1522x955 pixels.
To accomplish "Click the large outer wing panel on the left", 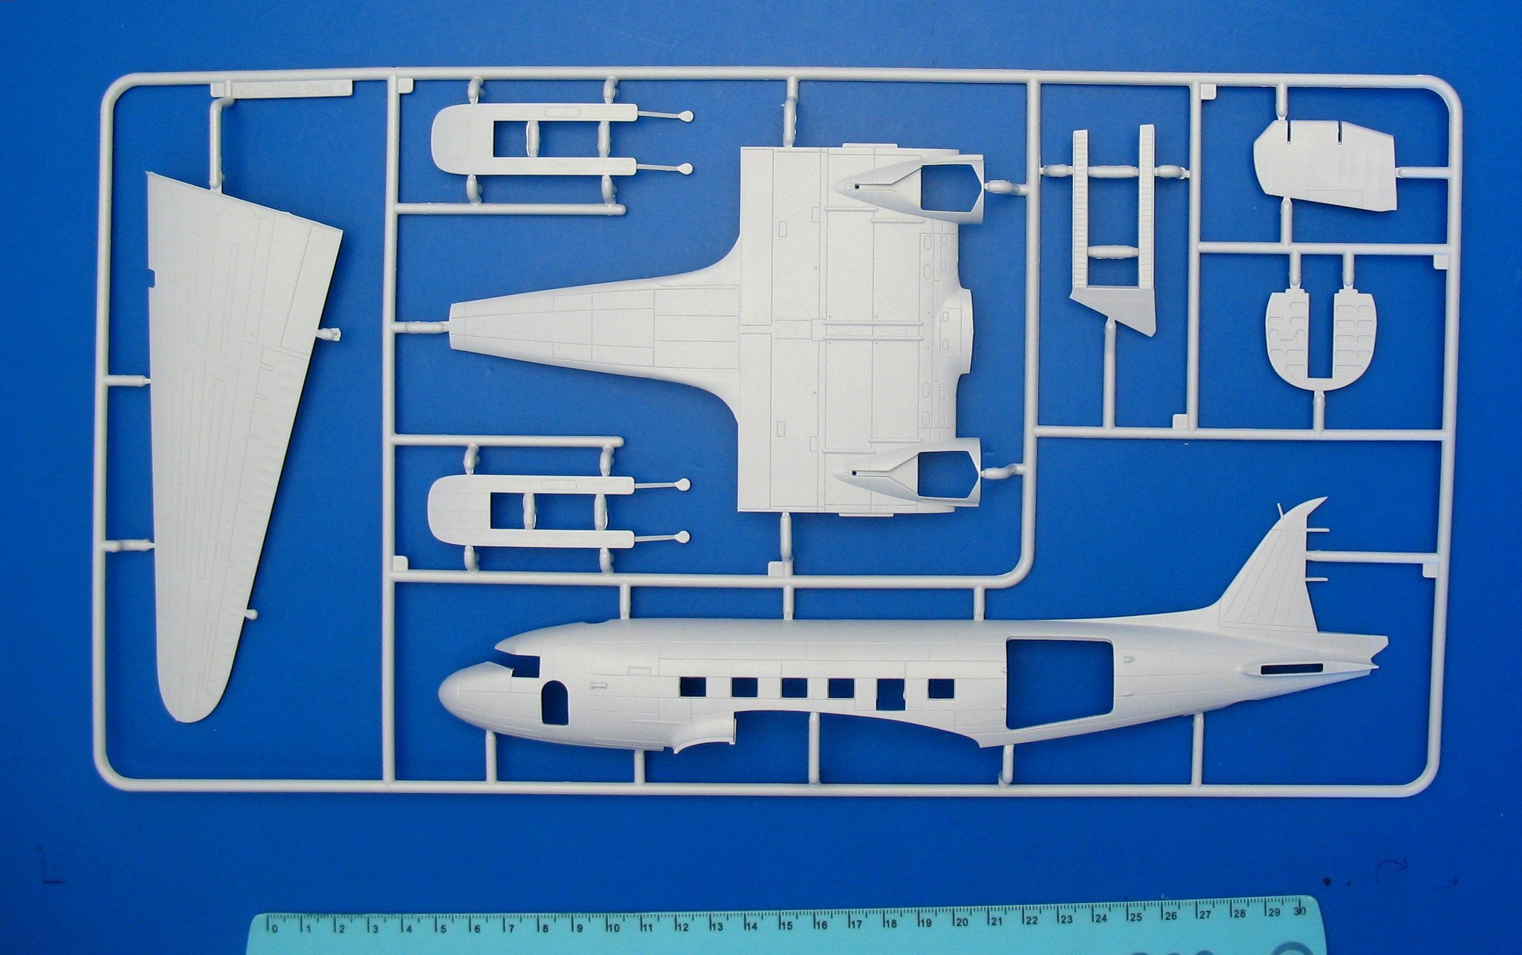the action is [x=230, y=416].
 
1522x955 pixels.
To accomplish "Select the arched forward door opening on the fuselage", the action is [x=554, y=702].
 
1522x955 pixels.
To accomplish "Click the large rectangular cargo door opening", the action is [x=1058, y=682].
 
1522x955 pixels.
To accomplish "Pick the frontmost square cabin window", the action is [x=692, y=687].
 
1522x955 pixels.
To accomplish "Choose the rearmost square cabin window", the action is [x=941, y=689].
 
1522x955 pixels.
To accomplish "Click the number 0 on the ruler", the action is [x=275, y=928].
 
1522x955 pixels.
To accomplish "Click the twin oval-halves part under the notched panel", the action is [x=1321, y=337].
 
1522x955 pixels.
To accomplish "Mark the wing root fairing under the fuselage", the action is [x=702, y=732].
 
